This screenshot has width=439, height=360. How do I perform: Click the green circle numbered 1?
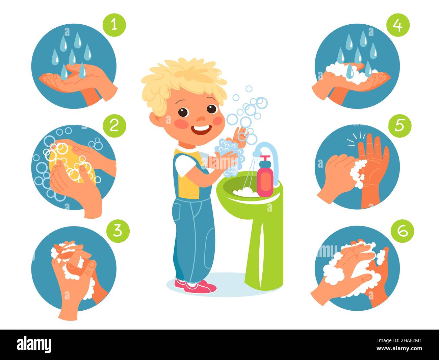pyautogui.click(x=114, y=25)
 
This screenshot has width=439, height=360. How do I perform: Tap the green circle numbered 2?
pyautogui.click(x=114, y=126)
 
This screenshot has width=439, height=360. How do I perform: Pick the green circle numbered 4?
pyautogui.click(x=398, y=25)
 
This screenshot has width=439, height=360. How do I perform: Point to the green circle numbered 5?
pyautogui.click(x=400, y=125)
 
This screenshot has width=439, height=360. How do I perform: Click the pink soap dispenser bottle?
pyautogui.click(x=265, y=178)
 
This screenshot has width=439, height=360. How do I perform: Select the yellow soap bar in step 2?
pyautogui.click(x=71, y=162)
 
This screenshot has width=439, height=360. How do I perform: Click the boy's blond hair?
pyautogui.click(x=182, y=78)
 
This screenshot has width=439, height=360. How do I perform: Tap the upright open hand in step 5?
pyautogui.click(x=373, y=169)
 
